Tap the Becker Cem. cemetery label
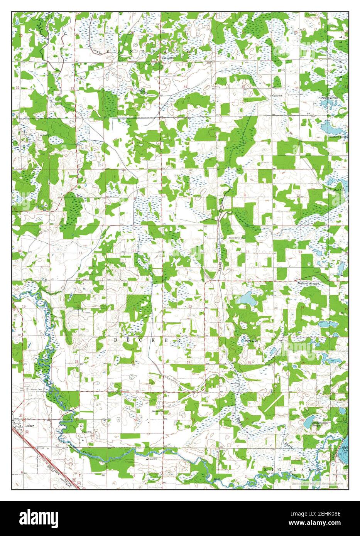point(36,390)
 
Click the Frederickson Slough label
point(321,423)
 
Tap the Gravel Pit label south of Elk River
point(152,460)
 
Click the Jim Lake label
point(167,58)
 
